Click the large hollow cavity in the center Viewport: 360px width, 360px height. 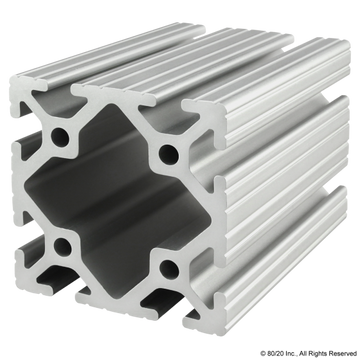click(117, 201)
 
